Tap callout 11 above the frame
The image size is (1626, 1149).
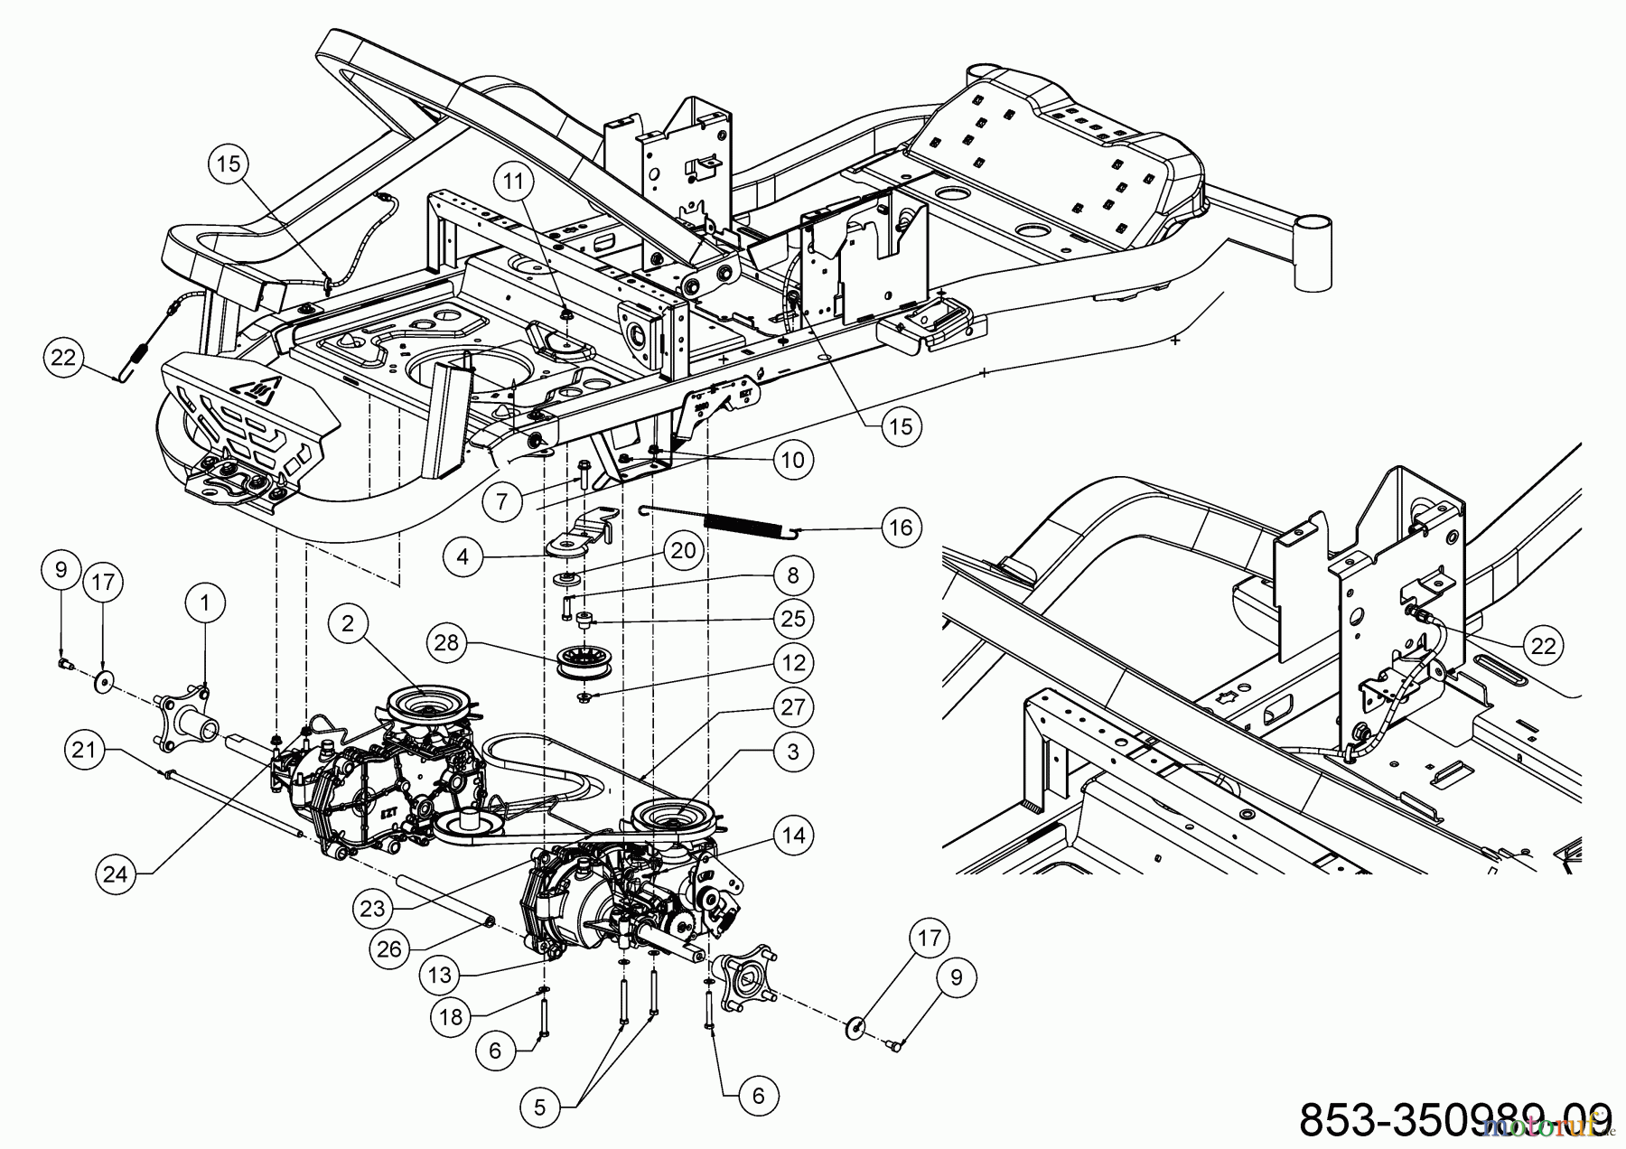(x=513, y=182)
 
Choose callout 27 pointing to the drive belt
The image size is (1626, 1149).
(x=793, y=707)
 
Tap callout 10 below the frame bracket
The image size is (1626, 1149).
(x=792, y=461)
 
